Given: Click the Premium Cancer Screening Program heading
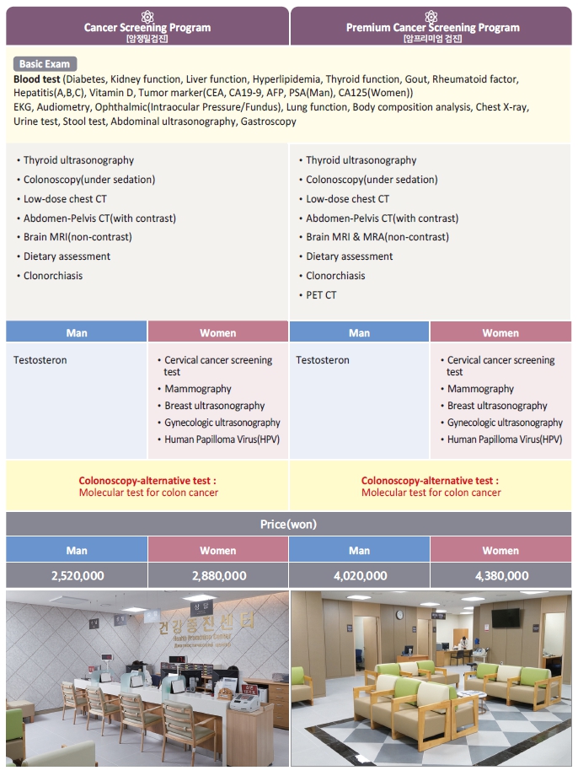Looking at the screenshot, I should tap(432, 27).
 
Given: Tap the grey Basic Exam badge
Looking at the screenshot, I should tap(45, 64).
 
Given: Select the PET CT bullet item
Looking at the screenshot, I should tap(320, 295).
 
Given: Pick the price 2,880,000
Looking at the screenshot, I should tap(218, 575).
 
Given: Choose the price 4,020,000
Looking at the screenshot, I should tap(359, 575).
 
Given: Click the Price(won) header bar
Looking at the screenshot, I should tap(288, 524).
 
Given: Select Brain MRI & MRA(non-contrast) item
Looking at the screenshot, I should tap(377, 237).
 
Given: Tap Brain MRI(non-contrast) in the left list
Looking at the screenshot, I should tap(78, 237).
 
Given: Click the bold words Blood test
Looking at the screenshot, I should tap(37, 79).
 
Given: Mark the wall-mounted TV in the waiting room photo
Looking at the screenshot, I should tap(506, 617).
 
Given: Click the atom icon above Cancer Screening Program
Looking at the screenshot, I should tap(147, 15).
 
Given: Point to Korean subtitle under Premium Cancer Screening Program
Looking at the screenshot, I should tap(432, 39).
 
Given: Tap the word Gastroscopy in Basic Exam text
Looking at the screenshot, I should tap(268, 121).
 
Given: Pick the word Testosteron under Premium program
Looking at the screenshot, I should tap(323, 360).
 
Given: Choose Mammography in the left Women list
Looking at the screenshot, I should tap(197, 389).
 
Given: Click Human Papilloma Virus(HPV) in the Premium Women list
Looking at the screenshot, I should tap(504, 439).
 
